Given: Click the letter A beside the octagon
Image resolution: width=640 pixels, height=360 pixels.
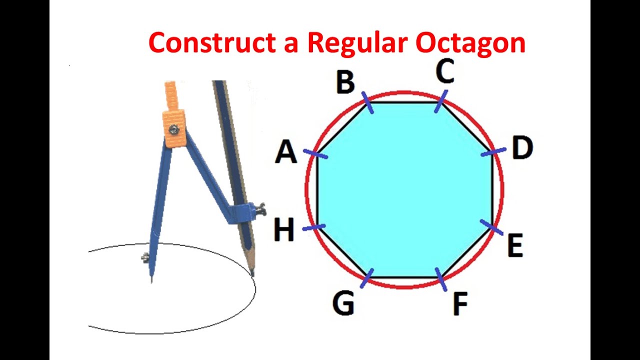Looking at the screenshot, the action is coord(286,152).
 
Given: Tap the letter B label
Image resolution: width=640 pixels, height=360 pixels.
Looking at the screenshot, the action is coord(345,82).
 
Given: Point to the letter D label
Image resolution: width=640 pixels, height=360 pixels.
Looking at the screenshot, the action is coord(522,148).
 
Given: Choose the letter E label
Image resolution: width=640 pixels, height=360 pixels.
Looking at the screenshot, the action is coord(515,245).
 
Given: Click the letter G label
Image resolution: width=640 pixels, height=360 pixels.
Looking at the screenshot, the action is coord(343,303).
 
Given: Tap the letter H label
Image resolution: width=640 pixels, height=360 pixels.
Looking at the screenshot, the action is coord(284,230).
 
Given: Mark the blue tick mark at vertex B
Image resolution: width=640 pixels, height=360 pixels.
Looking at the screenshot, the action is coord(367,102).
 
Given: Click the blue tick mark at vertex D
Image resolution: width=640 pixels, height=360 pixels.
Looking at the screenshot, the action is coord(493,151).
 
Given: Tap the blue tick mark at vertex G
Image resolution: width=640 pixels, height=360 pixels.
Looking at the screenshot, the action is coord(367,278).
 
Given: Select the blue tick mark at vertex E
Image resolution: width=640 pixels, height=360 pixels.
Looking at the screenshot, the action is coord(491,227).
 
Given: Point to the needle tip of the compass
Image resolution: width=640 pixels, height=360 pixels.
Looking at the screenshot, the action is coord(151,281).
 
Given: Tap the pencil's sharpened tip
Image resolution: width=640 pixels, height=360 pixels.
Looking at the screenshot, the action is coord(252,273).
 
